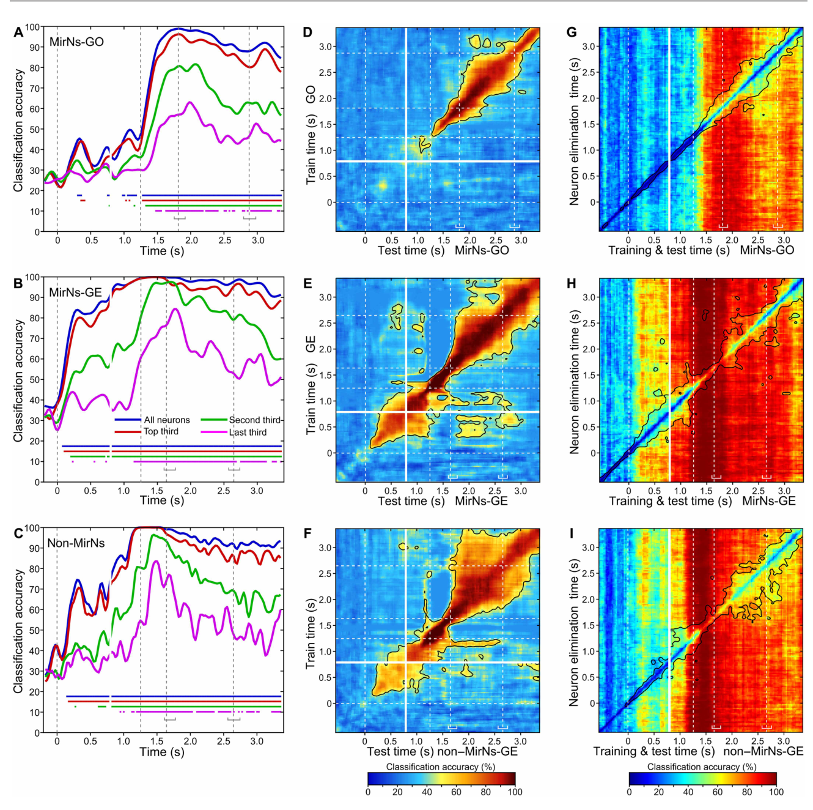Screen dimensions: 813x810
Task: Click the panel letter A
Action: tap(18, 32)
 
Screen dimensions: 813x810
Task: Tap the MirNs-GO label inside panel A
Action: tap(76, 42)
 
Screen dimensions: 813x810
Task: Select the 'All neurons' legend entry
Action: tap(152, 420)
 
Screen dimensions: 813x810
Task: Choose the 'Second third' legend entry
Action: tap(240, 420)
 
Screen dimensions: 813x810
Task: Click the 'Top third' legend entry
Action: tap(147, 431)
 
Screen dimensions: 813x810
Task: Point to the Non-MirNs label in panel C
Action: tap(76, 542)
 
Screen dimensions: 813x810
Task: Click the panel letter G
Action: tap(572, 32)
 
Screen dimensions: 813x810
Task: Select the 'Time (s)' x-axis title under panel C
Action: tap(162, 751)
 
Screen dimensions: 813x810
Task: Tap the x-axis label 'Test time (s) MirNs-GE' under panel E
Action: tap(443, 501)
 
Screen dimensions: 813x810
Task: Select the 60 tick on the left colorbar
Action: tap(457, 792)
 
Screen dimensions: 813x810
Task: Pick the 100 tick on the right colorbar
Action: tap(776, 792)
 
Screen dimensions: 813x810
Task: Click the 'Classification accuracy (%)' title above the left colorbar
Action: tap(441, 767)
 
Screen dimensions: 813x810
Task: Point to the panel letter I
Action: tap(572, 533)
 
